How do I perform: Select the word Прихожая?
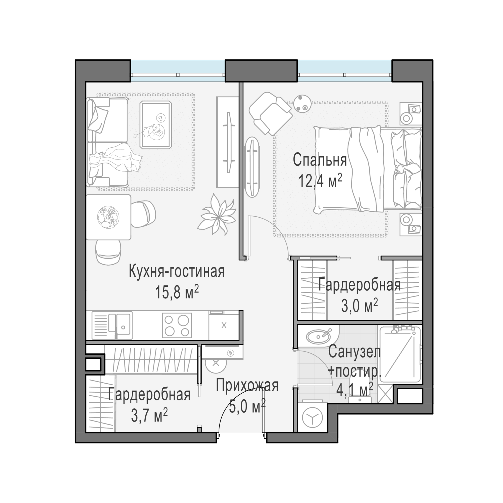pyautogui.click(x=247, y=385)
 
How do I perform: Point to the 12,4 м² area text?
pyautogui.click(x=320, y=181)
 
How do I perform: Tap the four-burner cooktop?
pyautogui.click(x=177, y=325)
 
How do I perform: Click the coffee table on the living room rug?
pyautogui.click(x=156, y=125)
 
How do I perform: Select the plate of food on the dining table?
pyautogui.click(x=109, y=217)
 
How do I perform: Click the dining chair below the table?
pyautogui.click(x=108, y=252)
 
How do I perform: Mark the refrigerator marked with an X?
pyautogui.click(x=224, y=325)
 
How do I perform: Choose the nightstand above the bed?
pyautogui.click(x=411, y=114)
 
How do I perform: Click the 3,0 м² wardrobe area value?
pyautogui.click(x=359, y=305)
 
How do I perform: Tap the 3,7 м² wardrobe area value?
pyautogui.click(x=149, y=416)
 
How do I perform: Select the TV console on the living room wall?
pyautogui.click(x=227, y=142)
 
